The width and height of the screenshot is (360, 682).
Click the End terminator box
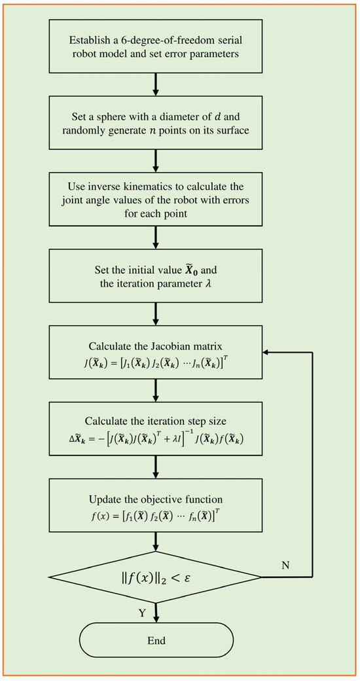tap(156, 640)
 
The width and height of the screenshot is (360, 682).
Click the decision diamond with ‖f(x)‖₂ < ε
tap(156, 577)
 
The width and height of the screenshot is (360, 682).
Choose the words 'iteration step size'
tap(177, 422)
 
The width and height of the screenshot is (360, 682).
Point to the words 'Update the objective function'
tap(156, 497)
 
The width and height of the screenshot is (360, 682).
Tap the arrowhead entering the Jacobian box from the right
tap(265, 351)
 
